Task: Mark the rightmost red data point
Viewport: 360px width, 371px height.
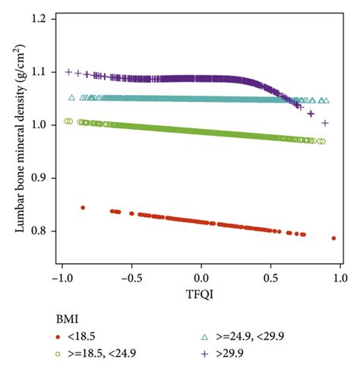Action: point(333,238)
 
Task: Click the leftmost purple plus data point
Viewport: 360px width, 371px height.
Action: point(69,72)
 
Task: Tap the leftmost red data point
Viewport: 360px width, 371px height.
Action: point(83,207)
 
